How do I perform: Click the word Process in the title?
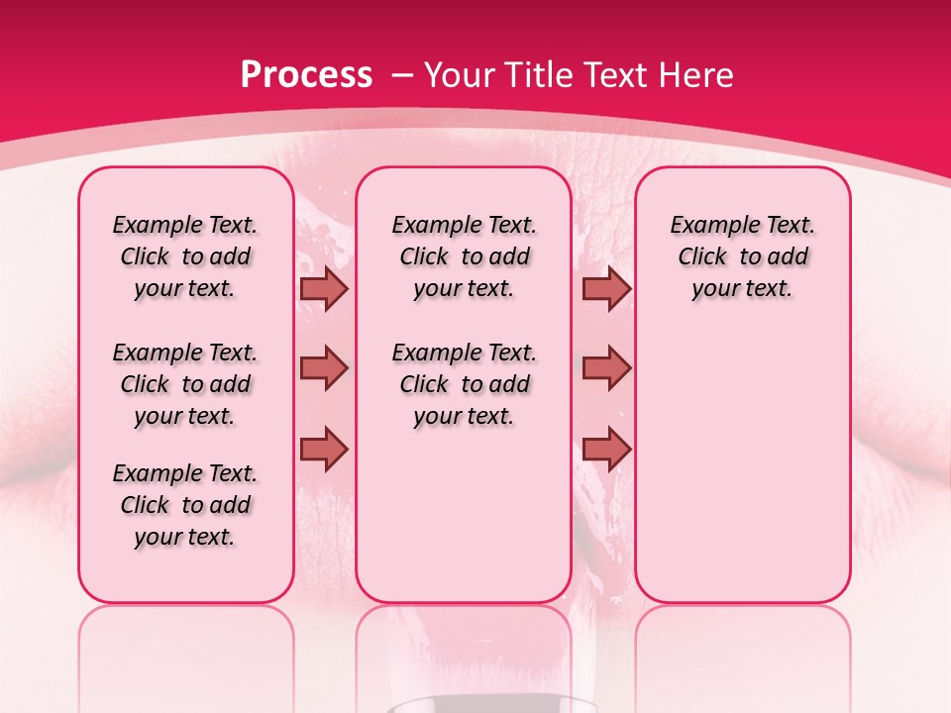[306, 74]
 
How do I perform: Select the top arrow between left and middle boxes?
[323, 288]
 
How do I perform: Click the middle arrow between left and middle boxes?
[323, 368]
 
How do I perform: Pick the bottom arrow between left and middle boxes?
[323, 449]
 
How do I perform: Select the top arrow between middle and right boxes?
[606, 288]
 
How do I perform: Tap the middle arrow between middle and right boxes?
[606, 368]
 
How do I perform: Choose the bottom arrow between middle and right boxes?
[606, 449]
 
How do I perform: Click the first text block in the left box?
[185, 256]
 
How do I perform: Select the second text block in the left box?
[185, 384]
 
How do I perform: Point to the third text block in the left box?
[185, 505]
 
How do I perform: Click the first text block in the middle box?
[465, 256]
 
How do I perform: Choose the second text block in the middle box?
[465, 384]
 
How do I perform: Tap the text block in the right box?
[743, 256]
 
